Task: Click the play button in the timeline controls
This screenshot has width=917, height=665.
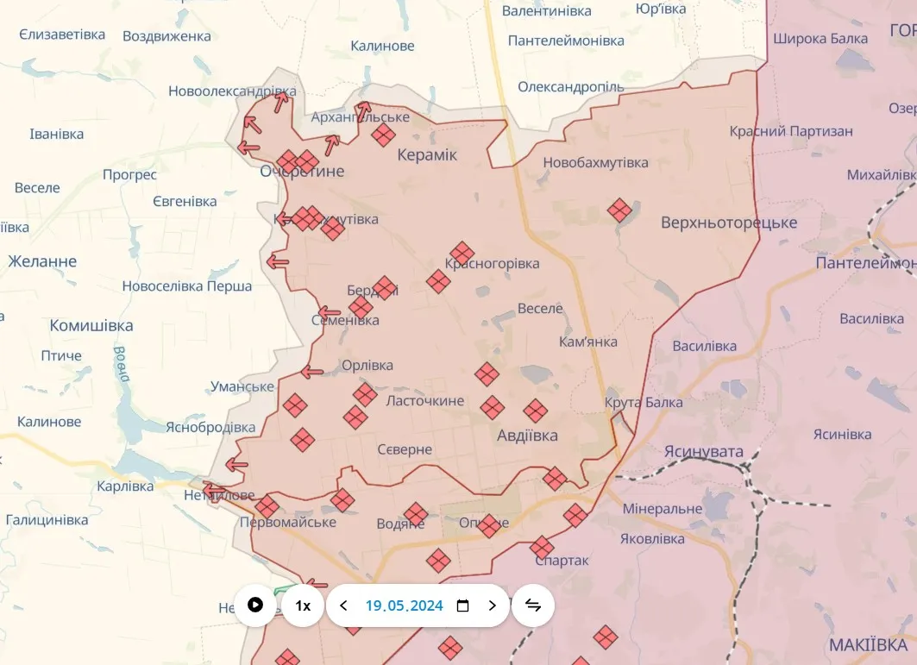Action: pyautogui.click(x=255, y=605)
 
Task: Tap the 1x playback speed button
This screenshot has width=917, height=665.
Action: pyautogui.click(x=303, y=605)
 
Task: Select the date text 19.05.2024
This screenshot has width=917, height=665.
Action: pyautogui.click(x=404, y=605)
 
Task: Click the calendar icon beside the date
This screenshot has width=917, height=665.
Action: pyautogui.click(x=462, y=605)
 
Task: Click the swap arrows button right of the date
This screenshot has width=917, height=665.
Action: pyautogui.click(x=533, y=605)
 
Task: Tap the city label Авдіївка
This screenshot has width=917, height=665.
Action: pyautogui.click(x=527, y=436)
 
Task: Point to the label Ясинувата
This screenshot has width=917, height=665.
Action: pyautogui.click(x=704, y=451)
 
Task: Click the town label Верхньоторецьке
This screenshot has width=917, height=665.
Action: pyautogui.click(x=729, y=223)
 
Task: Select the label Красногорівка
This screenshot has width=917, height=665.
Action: pyautogui.click(x=493, y=263)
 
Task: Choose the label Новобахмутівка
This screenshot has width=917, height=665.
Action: pyautogui.click(x=595, y=162)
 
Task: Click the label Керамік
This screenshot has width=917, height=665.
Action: pyautogui.click(x=427, y=154)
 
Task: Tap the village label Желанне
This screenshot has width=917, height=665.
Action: pyautogui.click(x=42, y=260)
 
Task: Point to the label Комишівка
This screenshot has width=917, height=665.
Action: pyautogui.click(x=91, y=325)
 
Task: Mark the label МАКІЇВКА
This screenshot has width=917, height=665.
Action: pyautogui.click(x=868, y=644)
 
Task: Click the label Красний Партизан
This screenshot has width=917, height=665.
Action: pyautogui.click(x=791, y=131)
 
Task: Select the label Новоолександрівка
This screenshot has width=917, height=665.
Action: pyautogui.click(x=232, y=91)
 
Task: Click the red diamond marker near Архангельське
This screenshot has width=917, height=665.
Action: pyautogui.click(x=383, y=134)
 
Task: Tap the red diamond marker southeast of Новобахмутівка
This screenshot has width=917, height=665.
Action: pyautogui.click(x=619, y=210)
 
